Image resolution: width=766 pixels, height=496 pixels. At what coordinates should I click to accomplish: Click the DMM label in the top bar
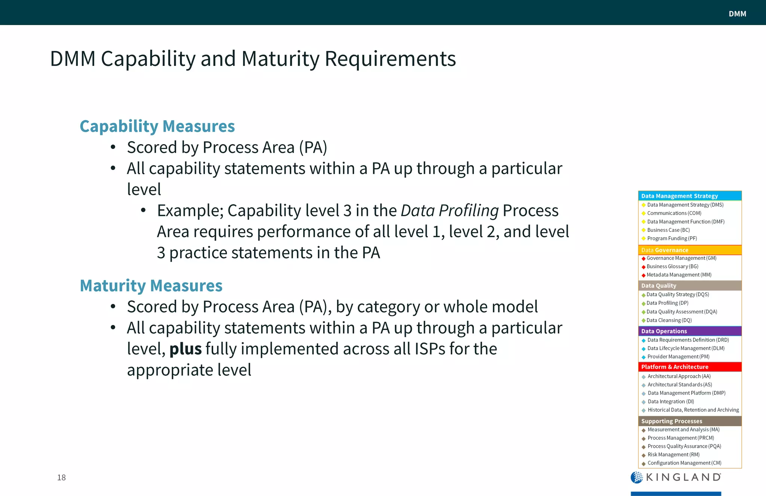click(737, 14)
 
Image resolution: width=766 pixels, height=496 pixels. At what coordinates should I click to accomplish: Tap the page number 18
click(61, 477)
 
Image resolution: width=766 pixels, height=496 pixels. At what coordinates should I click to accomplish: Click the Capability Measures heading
click(157, 126)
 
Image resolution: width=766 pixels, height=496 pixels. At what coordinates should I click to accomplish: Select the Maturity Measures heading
click(151, 286)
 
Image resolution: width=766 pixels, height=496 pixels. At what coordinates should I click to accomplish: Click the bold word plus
click(186, 349)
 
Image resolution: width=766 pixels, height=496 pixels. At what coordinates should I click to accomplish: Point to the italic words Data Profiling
click(450, 211)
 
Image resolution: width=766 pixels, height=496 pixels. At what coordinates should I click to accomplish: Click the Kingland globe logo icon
click(637, 477)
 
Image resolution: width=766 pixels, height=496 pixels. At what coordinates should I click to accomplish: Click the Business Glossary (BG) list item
click(672, 267)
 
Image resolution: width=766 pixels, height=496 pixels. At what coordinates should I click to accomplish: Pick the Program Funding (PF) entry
click(672, 238)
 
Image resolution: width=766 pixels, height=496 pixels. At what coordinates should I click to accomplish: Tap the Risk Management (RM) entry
click(674, 455)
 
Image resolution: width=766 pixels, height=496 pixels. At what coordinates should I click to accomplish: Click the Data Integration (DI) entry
click(671, 402)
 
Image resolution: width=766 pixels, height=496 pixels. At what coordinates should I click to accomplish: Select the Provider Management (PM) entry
click(678, 357)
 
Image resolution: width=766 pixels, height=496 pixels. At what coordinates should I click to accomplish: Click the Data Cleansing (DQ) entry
click(669, 320)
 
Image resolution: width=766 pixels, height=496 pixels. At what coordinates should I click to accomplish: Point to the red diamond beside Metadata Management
click(643, 276)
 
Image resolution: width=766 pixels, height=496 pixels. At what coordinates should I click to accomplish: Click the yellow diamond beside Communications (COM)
click(643, 213)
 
